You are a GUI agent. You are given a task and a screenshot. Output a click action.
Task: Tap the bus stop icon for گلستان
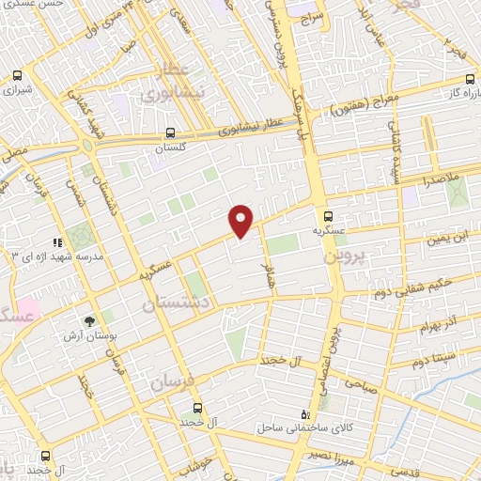point(170,133)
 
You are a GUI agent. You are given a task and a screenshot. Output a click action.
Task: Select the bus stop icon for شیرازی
point(17,76)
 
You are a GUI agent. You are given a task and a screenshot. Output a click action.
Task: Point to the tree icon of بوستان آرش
point(89,321)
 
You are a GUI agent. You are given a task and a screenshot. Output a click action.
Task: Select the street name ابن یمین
point(446,240)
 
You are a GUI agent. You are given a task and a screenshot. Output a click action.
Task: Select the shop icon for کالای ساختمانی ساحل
point(303,414)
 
